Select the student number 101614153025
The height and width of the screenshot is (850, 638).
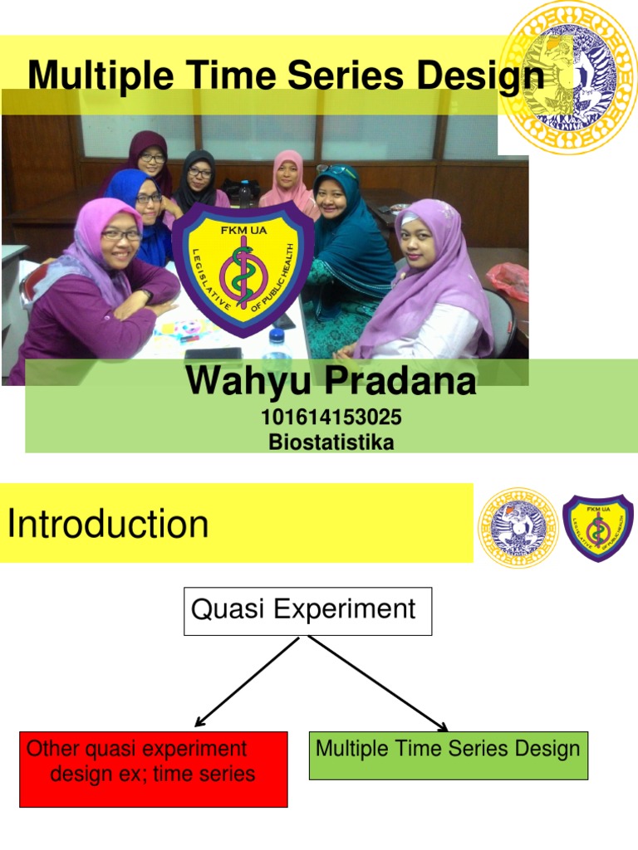pos(331,417)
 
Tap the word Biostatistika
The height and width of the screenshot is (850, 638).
pos(331,442)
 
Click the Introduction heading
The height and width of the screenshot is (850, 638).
pos(107,524)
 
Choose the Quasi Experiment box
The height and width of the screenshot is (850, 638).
pos(307,611)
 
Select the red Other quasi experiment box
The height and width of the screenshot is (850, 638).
pos(154,769)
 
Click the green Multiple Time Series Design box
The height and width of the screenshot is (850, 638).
pos(448,755)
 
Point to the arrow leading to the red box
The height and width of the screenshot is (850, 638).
pos(247,681)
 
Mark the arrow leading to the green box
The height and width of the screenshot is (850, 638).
pos(379,684)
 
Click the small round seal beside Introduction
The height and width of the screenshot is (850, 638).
pos(518,527)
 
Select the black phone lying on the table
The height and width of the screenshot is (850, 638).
pos(213,354)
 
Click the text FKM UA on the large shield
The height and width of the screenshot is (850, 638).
pos(243,231)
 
